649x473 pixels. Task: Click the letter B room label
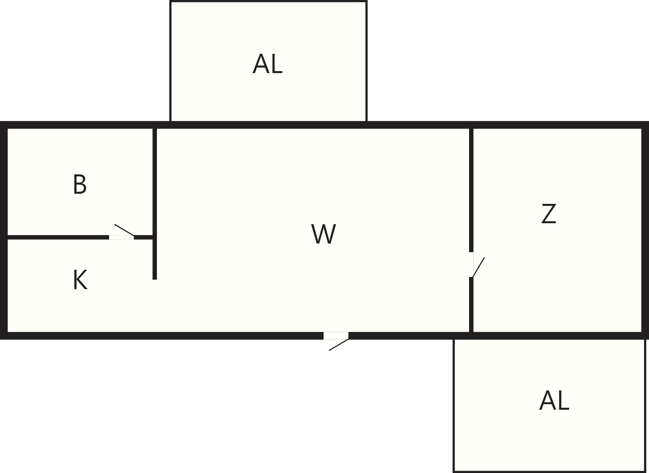(80, 184)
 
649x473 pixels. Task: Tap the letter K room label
(80, 280)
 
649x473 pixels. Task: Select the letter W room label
(324, 234)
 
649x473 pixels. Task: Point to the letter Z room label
(549, 214)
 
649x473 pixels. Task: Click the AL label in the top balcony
(267, 64)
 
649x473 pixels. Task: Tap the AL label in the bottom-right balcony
(554, 401)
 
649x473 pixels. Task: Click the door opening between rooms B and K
(121, 237)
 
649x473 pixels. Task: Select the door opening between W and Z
(471, 265)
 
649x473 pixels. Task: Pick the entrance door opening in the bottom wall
(336, 336)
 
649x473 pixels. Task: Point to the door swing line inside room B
(124, 230)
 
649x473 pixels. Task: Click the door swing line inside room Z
(478, 267)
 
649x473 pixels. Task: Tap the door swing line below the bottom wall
(339, 345)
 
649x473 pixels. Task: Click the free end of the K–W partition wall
(155, 279)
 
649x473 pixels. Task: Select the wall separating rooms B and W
(155, 182)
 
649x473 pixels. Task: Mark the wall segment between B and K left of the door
(58, 237)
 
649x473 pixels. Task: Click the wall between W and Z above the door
(471, 190)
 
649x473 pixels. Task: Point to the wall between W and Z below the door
(471, 305)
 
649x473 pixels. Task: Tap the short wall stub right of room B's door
(143, 237)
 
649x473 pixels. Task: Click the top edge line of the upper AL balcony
(268, 1)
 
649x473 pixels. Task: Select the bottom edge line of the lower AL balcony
(549, 472)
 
